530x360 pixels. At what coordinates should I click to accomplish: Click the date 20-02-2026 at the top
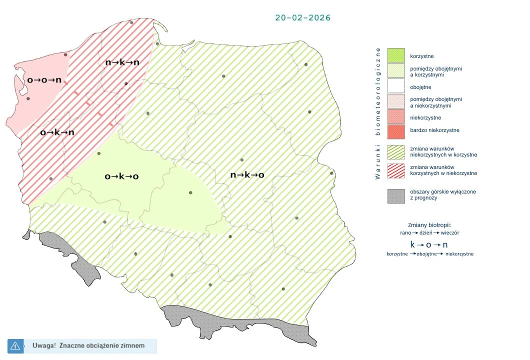(302, 17)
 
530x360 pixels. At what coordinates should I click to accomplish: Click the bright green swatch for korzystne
(396, 54)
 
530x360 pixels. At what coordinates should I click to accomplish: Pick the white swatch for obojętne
(396, 86)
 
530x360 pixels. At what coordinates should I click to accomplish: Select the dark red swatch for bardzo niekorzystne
(396, 130)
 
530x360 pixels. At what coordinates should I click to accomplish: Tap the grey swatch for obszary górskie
(396, 195)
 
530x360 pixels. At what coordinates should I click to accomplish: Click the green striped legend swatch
(396, 151)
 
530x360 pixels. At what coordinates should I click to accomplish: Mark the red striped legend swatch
(396, 170)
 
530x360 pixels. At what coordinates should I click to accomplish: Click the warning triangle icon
(15, 345)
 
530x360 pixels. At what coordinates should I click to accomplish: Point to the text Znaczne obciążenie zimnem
(101, 345)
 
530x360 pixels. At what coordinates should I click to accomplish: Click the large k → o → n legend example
(428, 244)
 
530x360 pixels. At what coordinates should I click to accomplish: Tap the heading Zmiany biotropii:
(429, 225)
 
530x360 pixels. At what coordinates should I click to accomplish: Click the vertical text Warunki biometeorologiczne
(378, 113)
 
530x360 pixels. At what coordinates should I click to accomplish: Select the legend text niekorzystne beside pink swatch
(425, 117)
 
